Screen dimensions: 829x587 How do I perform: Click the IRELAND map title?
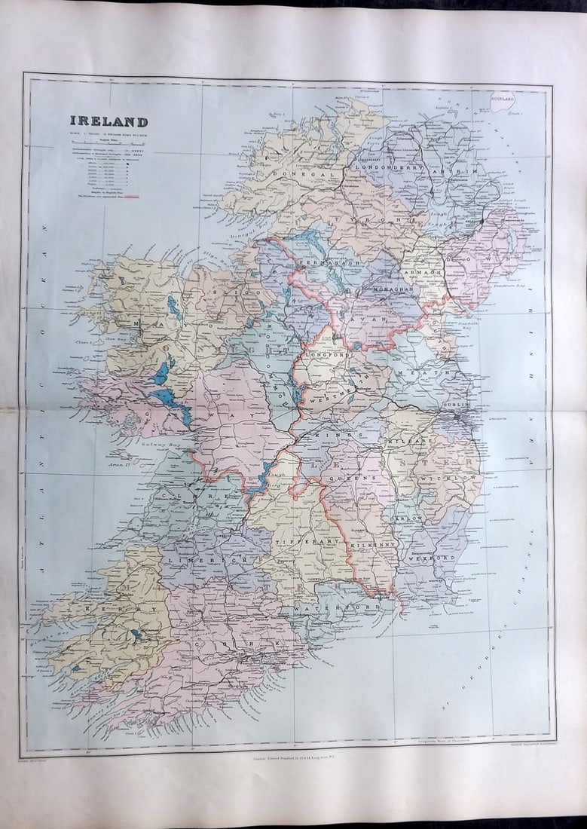tap(109, 121)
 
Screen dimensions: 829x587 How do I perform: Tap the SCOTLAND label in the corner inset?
tap(503, 98)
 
